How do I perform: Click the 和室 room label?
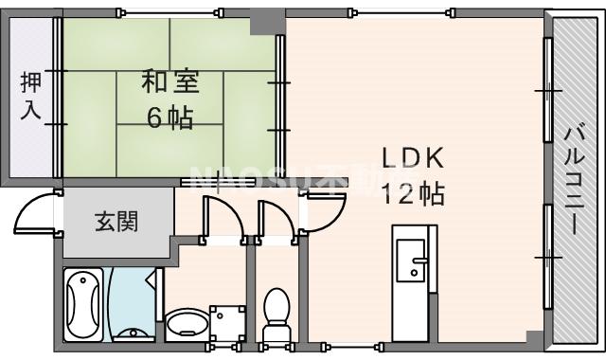click(170, 83)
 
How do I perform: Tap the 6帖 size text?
click(170, 117)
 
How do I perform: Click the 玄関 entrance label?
click(116, 223)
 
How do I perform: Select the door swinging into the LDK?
click(328, 208)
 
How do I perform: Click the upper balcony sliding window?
click(547, 90)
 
